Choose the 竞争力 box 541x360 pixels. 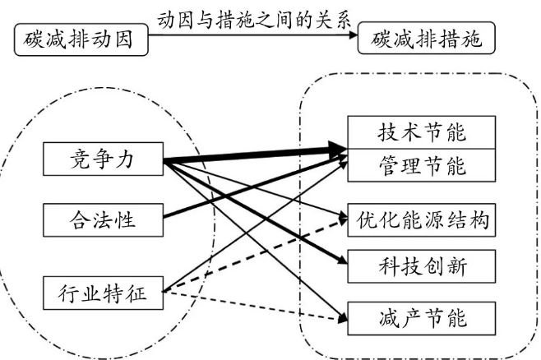point(102,160)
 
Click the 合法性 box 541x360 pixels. point(102,219)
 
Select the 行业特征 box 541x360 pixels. point(102,291)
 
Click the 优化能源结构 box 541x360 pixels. point(422,219)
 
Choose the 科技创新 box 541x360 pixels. point(422,266)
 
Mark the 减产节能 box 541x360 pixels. point(422,316)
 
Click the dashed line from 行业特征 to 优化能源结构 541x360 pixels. point(255,256)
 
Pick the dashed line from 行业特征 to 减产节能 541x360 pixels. point(255,304)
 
